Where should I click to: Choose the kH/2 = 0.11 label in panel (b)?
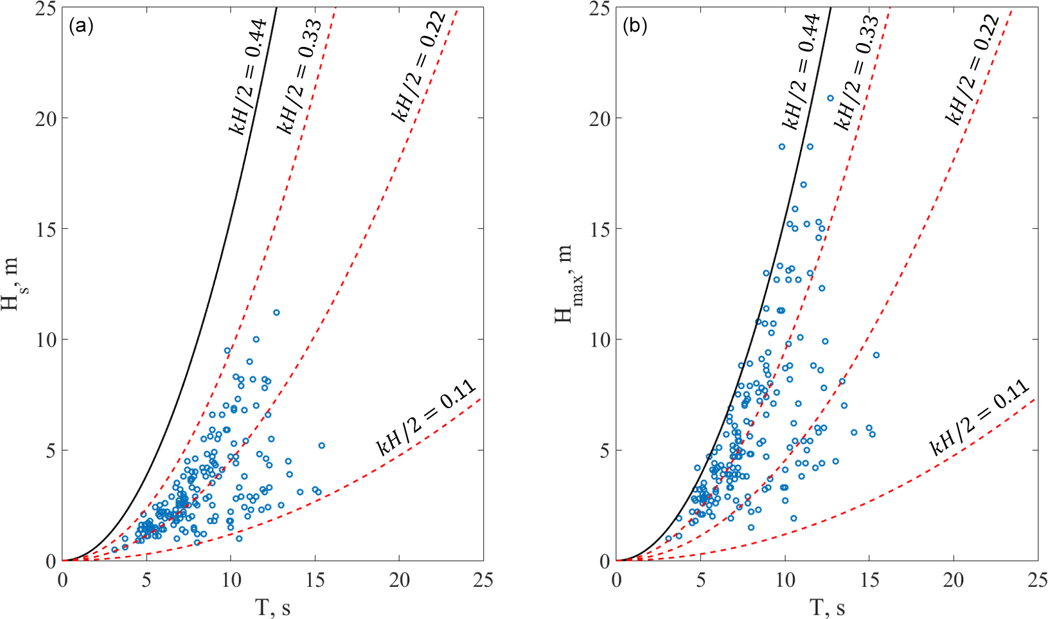[x=981, y=418]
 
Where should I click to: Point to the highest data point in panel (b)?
[x=830, y=98]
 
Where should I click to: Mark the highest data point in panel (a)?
[x=276, y=312]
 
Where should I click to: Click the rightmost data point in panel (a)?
[x=322, y=445]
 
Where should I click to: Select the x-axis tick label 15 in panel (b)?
[x=869, y=580]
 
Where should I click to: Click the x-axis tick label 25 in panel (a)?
[x=484, y=580]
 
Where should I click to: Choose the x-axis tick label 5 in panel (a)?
[x=147, y=580]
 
